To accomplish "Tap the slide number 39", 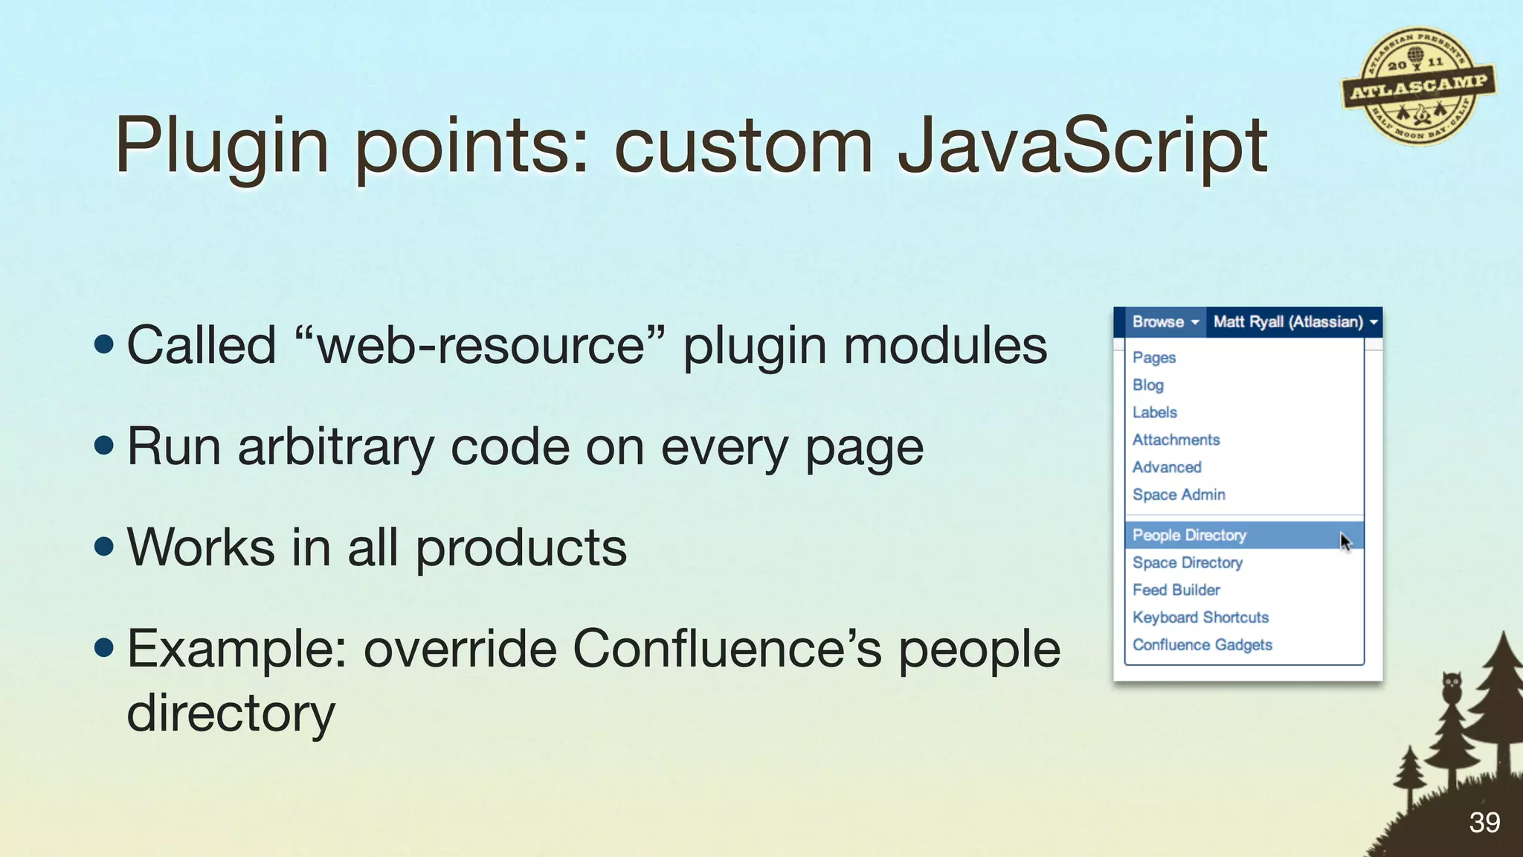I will point(1484,822).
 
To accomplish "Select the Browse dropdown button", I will point(1165,322).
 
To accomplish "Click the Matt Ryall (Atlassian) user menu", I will point(1295,322).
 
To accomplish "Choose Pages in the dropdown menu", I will point(1154,358).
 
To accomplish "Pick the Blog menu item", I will point(1148,385).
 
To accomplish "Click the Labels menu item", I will point(1155,413).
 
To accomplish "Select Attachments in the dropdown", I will point(1176,440).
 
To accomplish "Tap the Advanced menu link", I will point(1167,468).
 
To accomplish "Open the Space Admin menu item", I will point(1179,495).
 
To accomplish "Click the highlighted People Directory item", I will point(1189,536).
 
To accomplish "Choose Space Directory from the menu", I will point(1188,563).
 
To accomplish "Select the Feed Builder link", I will point(1176,591).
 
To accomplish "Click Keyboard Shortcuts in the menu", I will point(1200,618).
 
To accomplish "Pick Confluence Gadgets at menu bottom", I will point(1202,646).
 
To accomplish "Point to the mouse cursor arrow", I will point(1345,541).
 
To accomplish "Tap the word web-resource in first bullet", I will point(480,346).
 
